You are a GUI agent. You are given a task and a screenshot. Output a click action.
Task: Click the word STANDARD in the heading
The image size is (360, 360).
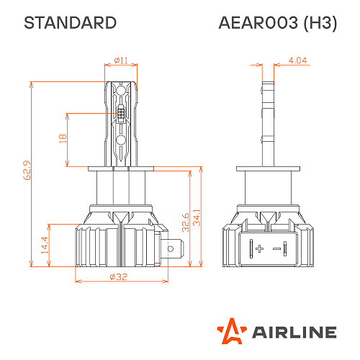(x=70, y=23)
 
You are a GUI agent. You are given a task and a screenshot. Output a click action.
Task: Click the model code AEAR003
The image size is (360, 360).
(x=258, y=23)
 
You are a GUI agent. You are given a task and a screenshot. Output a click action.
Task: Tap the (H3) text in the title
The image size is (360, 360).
(x=318, y=23)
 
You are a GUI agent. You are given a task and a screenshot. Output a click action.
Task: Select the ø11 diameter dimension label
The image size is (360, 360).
(x=121, y=61)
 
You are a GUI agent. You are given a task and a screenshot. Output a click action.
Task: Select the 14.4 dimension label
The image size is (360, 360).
(x=45, y=246)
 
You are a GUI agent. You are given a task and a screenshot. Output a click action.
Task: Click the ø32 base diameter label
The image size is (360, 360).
(x=120, y=277)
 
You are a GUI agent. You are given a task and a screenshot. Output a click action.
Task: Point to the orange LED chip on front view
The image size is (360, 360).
(x=121, y=114)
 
